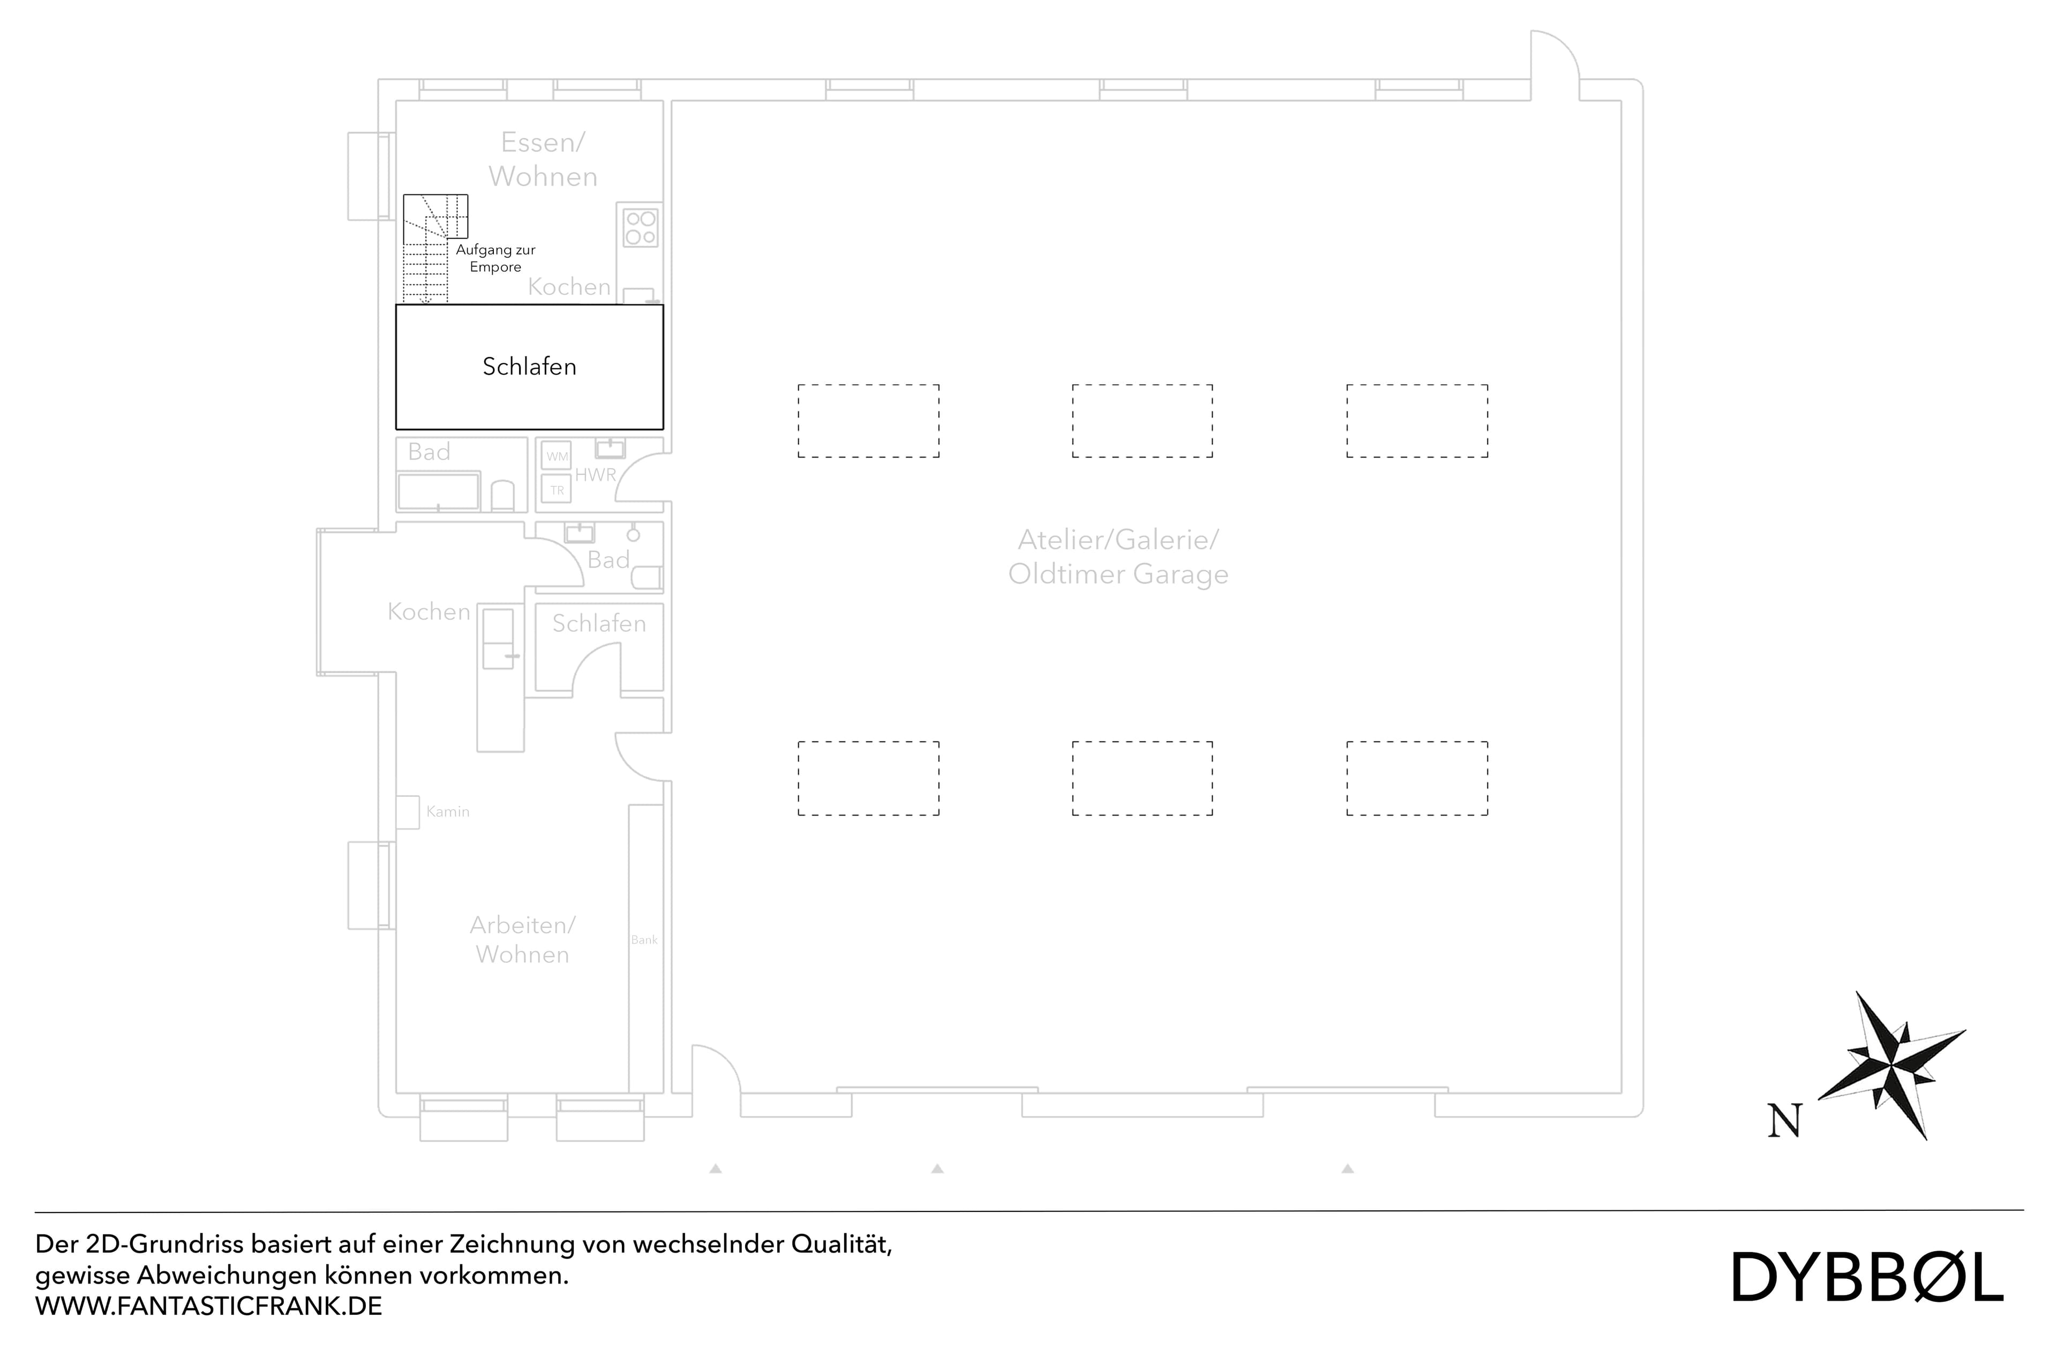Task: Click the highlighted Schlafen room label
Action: point(529,366)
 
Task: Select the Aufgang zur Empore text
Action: point(495,258)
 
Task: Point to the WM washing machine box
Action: point(557,456)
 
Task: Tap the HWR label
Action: point(596,475)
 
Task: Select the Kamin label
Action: point(448,811)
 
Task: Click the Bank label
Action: point(644,940)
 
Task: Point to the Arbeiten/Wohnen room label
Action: point(522,940)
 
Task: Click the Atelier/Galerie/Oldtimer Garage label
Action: point(1118,557)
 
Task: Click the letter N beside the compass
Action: point(1784,1121)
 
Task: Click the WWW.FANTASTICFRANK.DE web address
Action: point(208,1306)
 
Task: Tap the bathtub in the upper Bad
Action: point(438,492)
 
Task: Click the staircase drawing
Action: point(429,249)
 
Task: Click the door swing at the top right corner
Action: point(1555,57)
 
